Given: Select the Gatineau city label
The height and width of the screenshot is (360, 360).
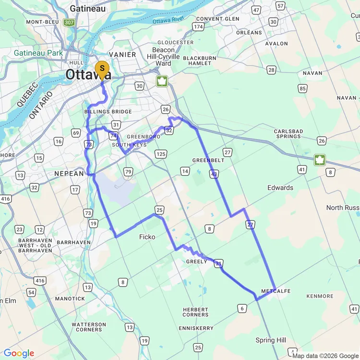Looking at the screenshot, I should (87, 9).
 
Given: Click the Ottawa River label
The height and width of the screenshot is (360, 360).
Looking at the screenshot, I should (168, 20).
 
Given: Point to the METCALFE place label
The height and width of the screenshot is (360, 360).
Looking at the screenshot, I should (276, 291).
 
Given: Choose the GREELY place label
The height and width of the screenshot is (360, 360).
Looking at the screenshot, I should (196, 262).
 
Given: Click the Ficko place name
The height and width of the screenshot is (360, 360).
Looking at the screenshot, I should (147, 237).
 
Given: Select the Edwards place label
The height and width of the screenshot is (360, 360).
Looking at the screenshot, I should (280, 188).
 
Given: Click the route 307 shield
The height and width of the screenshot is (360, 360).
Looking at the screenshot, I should (69, 22).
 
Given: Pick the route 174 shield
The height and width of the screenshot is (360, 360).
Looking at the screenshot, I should (198, 27).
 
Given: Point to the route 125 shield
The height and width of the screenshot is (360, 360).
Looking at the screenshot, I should (161, 154).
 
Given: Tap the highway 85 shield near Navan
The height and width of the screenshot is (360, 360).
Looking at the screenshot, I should (302, 88).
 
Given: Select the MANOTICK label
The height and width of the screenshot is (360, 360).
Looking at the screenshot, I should (70, 299).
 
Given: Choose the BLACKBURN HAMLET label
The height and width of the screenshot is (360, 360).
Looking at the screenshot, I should (200, 60).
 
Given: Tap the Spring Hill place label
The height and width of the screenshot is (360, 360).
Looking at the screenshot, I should (271, 340).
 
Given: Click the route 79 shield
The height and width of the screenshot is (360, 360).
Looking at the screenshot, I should (128, 172).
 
